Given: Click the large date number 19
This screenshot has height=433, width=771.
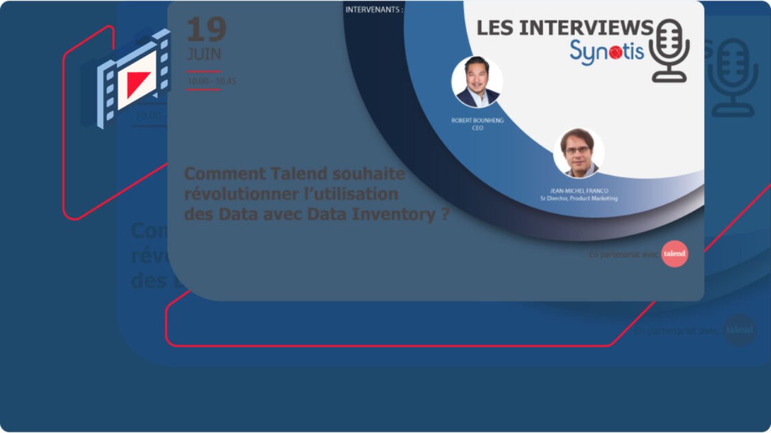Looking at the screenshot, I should pos(206,29).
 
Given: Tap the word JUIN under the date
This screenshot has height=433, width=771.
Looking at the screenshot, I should pos(203,54).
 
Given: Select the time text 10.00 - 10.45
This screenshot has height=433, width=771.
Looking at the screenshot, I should pos(211,81).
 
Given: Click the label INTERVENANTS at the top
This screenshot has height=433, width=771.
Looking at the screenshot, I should pos(374,9).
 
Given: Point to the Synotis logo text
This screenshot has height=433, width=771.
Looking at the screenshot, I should pos(606,51).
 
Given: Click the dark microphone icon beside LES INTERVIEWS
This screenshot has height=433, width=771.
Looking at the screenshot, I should pos(669,50).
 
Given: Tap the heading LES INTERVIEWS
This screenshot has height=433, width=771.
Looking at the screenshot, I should pos(564,27).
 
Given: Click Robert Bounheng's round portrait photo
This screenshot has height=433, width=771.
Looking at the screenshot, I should pos(477,82).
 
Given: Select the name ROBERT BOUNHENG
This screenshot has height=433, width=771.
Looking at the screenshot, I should pos(477,120).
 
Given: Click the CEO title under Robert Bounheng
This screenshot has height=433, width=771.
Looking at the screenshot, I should pos(477,128).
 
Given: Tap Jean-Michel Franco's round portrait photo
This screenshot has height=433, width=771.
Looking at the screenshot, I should pos(578,152).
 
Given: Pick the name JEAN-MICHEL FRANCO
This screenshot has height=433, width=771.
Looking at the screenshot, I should pos(579,191).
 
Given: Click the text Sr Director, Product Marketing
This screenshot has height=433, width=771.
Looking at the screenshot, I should pos(579,198).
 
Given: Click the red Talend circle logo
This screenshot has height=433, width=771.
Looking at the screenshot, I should pos(674,254).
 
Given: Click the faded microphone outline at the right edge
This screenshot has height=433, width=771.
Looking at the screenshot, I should pos(732,77).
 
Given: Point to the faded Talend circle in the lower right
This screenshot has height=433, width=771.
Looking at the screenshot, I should pos(740,330).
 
